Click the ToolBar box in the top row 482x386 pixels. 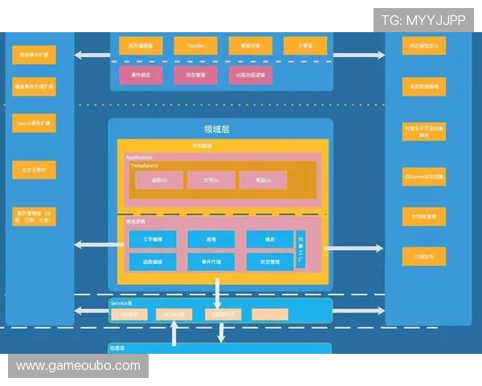point(196,47)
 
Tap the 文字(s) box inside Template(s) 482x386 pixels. point(210,180)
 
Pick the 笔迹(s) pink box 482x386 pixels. point(262,180)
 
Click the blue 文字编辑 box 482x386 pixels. point(153,240)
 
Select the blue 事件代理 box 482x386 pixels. point(211,262)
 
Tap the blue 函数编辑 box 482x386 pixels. point(153,262)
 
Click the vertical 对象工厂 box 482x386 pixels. point(300,250)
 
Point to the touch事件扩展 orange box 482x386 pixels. point(34,124)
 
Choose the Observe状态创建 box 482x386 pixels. point(424,175)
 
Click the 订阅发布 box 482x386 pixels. point(424,257)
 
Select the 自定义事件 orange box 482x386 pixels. point(34,170)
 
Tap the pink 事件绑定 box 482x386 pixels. point(141,76)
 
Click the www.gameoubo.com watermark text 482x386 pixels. point(79,366)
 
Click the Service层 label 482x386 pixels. point(121,303)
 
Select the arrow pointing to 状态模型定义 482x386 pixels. point(358,55)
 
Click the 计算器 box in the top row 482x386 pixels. point(305,47)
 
